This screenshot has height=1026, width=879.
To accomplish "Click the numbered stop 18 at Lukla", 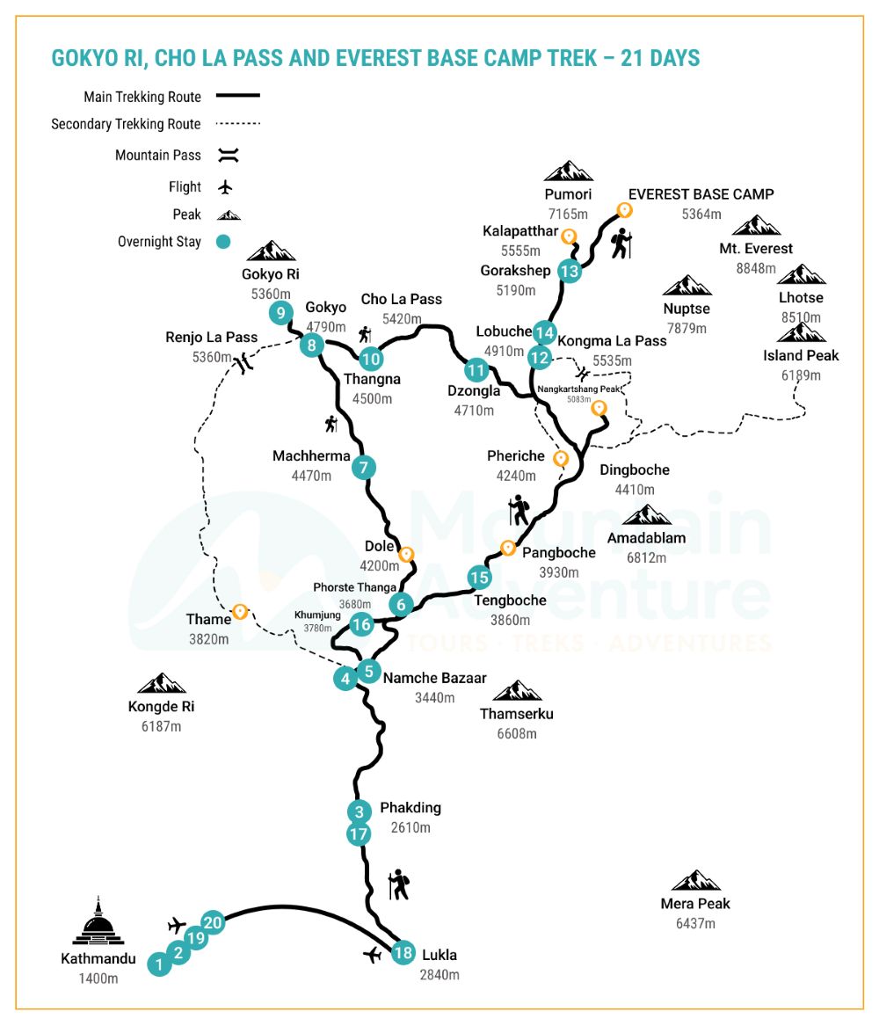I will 403,953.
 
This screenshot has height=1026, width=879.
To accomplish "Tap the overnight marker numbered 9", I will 280,312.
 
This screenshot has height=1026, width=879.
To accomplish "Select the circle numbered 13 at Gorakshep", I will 570,271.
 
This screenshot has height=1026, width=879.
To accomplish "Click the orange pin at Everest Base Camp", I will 625,209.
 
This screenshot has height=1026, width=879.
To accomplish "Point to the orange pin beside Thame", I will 238,611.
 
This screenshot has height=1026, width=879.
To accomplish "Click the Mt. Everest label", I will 755,249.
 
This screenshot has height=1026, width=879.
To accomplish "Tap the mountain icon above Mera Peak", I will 695,881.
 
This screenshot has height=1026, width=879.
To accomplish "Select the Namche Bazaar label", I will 434,679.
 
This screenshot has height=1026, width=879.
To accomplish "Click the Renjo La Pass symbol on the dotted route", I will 243,361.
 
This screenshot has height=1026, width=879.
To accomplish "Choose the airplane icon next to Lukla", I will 374,955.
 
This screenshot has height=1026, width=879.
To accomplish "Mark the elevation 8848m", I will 756,268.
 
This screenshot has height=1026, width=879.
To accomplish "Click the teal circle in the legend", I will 224,242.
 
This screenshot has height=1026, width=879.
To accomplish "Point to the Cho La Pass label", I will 401,300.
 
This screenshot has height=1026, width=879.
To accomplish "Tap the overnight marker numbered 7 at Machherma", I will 364,468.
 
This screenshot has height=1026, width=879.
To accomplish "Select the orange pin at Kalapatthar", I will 569,236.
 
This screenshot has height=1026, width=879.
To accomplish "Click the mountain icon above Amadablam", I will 646,515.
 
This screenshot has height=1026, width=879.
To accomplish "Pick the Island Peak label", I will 801,355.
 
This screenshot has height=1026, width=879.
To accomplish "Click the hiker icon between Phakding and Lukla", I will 400,884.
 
